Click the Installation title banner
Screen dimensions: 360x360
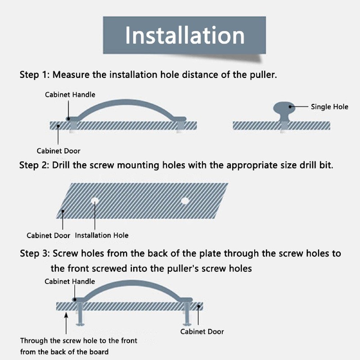pyautogui.click(x=184, y=35)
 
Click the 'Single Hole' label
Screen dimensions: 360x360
pyautogui.click(x=329, y=107)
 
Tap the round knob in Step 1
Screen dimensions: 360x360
pyautogui.click(x=284, y=108)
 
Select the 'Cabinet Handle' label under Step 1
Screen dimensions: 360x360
pyautogui.click(x=70, y=94)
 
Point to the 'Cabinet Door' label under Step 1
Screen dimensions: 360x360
pyautogui.click(x=58, y=151)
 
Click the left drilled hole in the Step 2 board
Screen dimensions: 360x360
pyautogui.click(x=94, y=201)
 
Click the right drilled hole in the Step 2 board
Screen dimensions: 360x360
pyautogui.click(x=185, y=201)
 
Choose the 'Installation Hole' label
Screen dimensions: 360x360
pyautogui.click(x=102, y=235)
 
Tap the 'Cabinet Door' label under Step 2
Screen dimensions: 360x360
pyautogui.click(x=48, y=235)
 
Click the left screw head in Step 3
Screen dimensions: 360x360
pyautogui.click(x=80, y=324)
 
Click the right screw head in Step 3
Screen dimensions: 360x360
pyautogui.click(x=187, y=324)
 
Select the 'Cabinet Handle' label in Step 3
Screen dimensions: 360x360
pyautogui.click(x=70, y=282)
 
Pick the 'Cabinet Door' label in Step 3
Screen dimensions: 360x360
pyautogui.click(x=202, y=332)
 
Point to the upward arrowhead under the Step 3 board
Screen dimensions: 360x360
pyautogui.click(x=66, y=315)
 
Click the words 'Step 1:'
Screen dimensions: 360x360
pyautogui.click(x=35, y=75)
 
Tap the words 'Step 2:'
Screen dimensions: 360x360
pyautogui.click(x=34, y=165)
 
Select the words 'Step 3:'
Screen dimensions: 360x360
pyautogui.click(x=35, y=253)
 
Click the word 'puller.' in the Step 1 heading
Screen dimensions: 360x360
pyautogui.click(x=263, y=75)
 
